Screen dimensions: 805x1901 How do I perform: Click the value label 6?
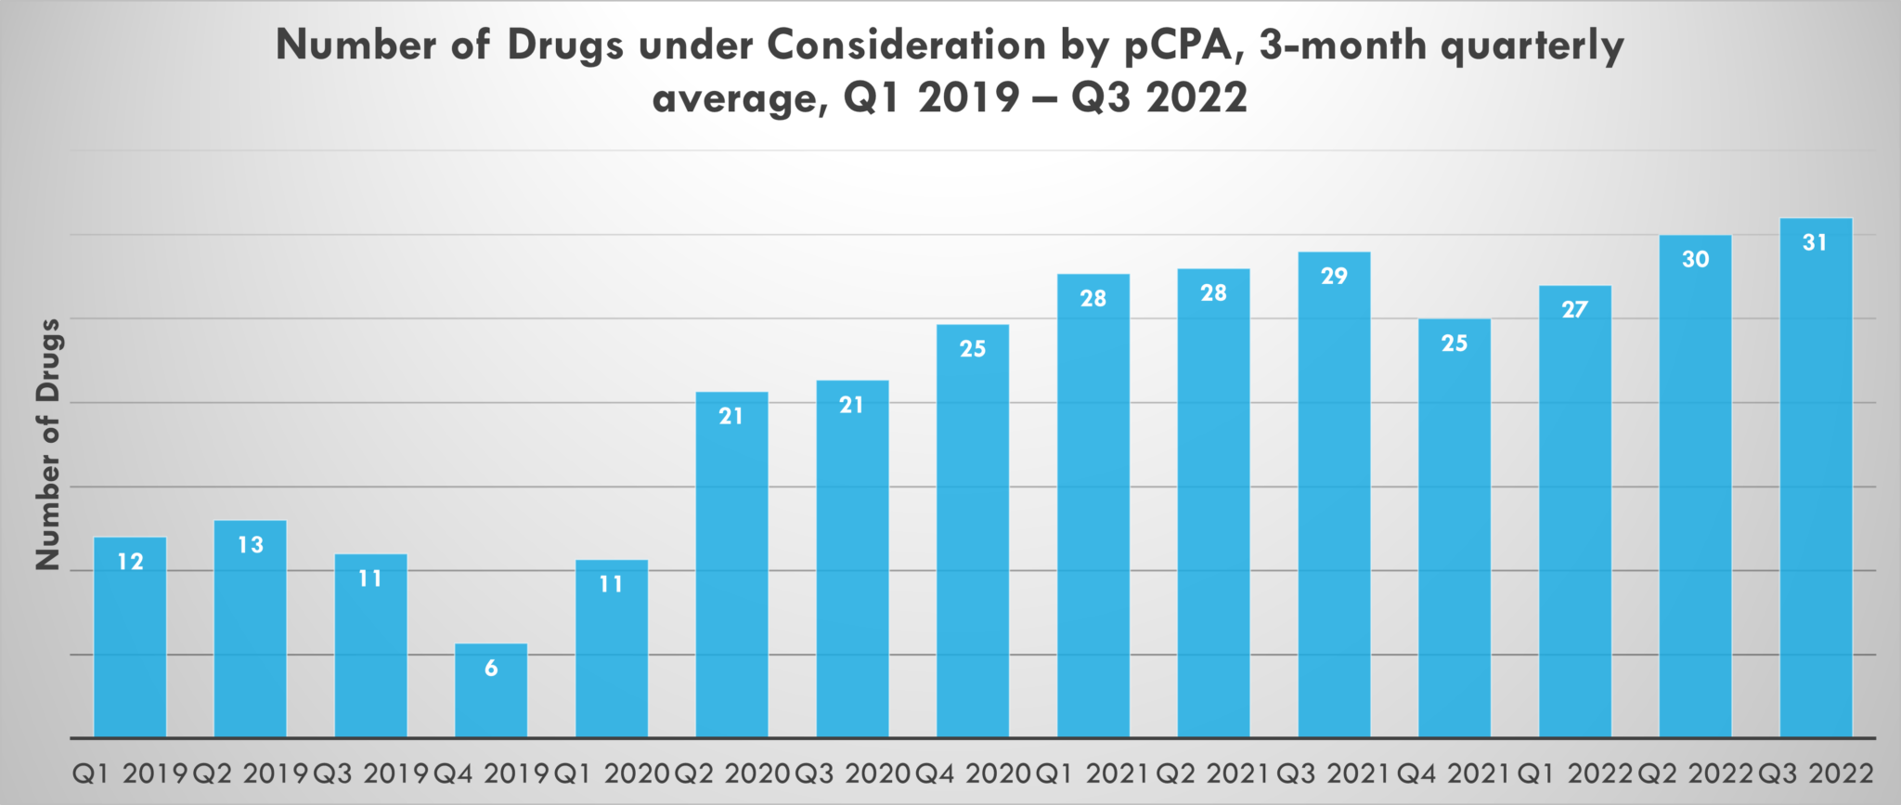pos(491,668)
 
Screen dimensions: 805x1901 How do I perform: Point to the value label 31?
pos(1815,242)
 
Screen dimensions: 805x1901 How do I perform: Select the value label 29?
pos(1334,276)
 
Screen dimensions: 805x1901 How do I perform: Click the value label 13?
pos(251,544)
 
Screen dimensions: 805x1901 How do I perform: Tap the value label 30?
pos(1695,259)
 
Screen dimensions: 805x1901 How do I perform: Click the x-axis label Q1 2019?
pos(129,773)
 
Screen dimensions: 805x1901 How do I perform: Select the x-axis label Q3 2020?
pos(852,773)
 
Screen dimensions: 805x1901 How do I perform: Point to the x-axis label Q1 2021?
pos(1093,773)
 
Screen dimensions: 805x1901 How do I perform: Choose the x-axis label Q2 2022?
pos(1695,773)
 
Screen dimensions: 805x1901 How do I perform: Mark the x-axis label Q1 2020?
pos(611,773)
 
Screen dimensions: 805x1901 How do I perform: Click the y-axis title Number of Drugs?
pos(48,444)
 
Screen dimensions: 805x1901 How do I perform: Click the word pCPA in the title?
pos(1181,45)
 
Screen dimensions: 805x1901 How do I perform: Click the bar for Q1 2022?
pos(1575,520)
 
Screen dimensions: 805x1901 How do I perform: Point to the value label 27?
pos(1574,309)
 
